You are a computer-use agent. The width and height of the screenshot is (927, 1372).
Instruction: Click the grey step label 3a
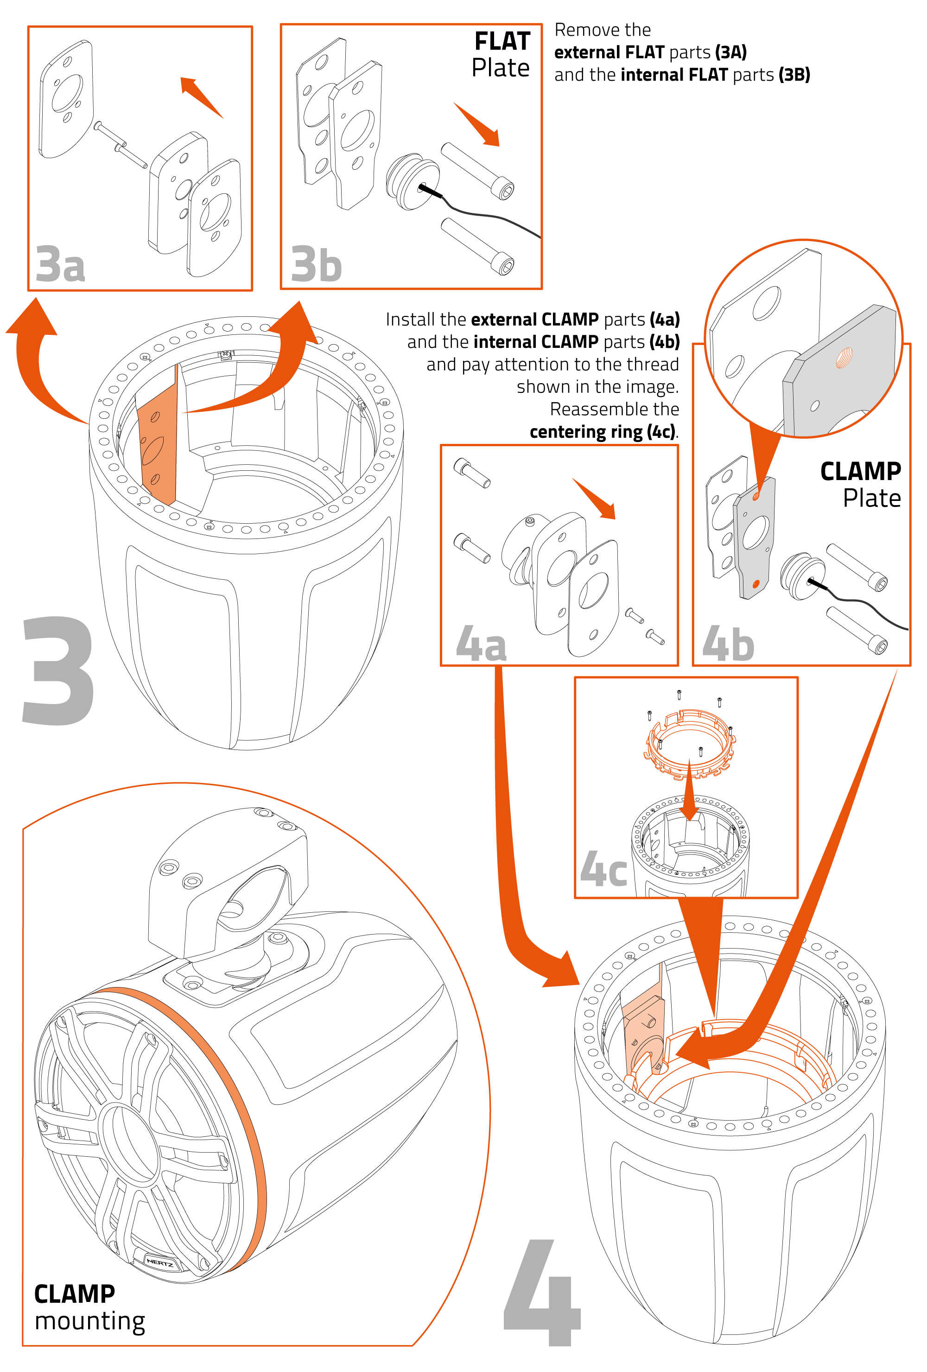coord(60,263)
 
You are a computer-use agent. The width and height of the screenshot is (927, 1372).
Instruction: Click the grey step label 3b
coord(316,264)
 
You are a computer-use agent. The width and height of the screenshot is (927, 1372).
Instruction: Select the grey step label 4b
coord(728,643)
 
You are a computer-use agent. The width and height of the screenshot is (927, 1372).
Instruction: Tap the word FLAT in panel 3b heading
coord(502,41)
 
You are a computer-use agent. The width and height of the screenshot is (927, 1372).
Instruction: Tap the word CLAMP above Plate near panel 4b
coord(860,471)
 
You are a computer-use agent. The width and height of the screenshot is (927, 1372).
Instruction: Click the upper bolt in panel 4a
coord(472,473)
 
